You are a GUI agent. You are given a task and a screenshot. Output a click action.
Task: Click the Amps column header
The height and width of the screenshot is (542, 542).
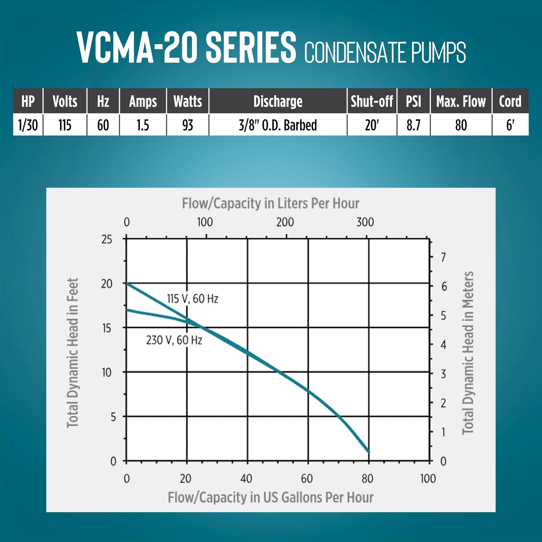coord(143,101)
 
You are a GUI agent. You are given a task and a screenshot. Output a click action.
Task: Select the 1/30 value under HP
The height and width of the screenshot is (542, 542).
coord(28,125)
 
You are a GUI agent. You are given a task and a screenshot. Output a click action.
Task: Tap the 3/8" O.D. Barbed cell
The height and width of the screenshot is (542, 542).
coord(278,125)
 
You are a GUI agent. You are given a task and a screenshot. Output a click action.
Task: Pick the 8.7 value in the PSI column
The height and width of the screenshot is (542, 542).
coord(413,125)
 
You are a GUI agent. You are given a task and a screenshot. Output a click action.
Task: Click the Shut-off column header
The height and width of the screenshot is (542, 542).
coord(371,101)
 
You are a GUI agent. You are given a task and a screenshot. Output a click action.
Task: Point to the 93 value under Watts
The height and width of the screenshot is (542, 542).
coord(188,125)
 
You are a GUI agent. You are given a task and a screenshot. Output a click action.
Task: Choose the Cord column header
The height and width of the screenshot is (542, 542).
coord(510,101)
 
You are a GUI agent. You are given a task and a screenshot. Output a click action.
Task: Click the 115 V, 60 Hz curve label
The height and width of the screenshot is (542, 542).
coord(192,299)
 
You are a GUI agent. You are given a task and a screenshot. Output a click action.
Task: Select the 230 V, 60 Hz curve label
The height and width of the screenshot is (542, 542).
coord(174,340)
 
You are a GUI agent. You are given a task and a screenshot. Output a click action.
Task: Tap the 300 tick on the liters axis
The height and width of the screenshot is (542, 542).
coord(365,222)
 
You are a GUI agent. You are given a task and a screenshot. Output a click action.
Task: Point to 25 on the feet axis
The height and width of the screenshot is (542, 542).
coord(107,239)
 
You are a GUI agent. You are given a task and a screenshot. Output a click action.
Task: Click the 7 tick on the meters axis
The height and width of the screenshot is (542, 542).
coord(443,257)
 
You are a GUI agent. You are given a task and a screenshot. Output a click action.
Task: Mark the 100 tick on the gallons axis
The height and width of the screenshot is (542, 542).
coord(428,479)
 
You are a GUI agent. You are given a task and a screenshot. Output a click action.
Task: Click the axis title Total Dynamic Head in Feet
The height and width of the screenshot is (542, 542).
coord(72,353)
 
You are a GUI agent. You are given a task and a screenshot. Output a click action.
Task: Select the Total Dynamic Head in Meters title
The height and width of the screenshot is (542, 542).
coord(468,353)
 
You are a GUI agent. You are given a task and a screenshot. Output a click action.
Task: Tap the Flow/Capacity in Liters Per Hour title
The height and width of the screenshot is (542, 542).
coord(270,203)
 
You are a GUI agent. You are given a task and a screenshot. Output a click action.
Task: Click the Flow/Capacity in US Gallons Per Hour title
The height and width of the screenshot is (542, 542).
coord(270,497)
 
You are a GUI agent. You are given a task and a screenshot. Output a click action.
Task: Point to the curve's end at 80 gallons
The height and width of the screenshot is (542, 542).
coord(368,451)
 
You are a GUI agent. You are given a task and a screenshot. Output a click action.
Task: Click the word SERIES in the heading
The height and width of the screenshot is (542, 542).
coord(251,48)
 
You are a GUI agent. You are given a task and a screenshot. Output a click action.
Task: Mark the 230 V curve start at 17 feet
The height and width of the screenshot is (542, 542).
coord(127,310)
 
